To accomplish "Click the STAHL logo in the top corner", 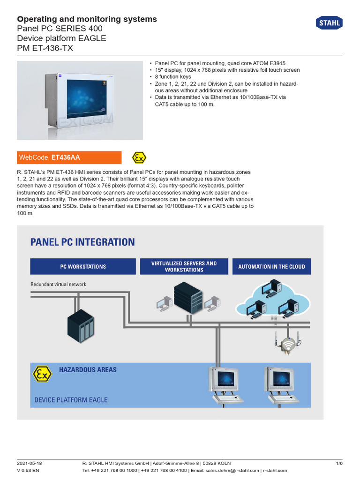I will click(330, 22).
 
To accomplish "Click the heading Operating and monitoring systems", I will click(87, 19).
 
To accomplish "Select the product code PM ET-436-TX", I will click(45, 48).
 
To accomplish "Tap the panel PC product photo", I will click(80, 100).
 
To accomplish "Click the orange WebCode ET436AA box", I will click(69, 157).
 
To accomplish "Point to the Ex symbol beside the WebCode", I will click(139, 157).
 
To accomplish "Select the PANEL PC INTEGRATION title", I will click(82, 242).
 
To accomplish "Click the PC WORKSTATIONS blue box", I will click(83, 266).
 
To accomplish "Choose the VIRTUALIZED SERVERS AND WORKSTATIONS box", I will click(184, 266).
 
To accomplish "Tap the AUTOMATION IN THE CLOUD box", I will click(271, 266).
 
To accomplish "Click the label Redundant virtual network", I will click(58, 284).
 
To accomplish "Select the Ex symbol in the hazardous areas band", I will click(41, 374).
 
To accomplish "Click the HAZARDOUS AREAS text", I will click(88, 369).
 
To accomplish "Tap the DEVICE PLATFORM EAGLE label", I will click(71, 400).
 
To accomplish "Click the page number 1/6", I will click(339, 463).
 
